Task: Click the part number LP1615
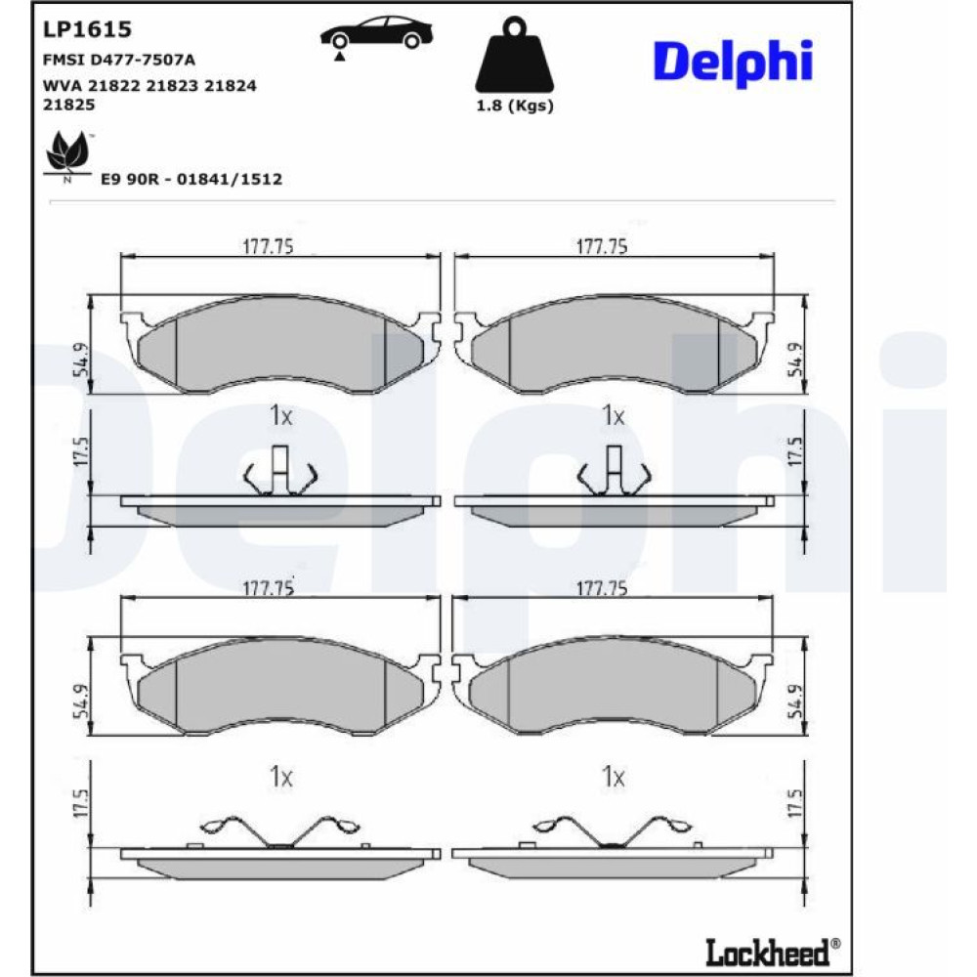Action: [87, 28]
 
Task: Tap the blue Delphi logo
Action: [733, 62]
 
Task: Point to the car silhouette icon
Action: [376, 35]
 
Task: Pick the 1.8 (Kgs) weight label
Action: [515, 106]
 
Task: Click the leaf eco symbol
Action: [68, 154]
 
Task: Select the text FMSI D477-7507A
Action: [119, 60]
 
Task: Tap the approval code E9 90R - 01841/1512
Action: [191, 180]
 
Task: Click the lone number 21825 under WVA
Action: [68, 105]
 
